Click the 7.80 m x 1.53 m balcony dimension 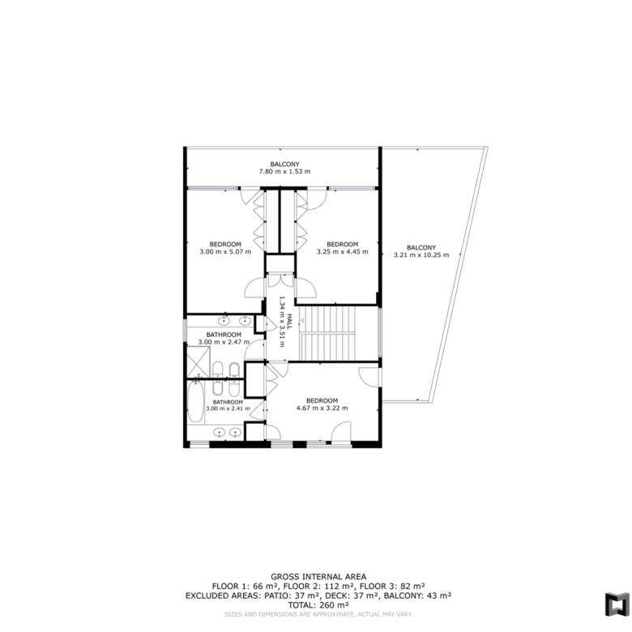click(x=284, y=171)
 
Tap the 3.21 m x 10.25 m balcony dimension click(x=421, y=254)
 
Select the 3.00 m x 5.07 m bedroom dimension click(x=225, y=251)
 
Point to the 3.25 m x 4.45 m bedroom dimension click(x=342, y=251)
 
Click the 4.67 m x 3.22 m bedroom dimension click(x=322, y=408)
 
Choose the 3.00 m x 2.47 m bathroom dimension click(x=224, y=342)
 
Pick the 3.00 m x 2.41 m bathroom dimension click(x=228, y=408)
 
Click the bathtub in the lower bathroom click(x=196, y=401)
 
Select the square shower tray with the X click(x=199, y=362)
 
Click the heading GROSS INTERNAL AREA click(x=318, y=577)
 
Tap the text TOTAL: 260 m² click(x=318, y=605)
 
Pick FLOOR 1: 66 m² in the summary click(x=245, y=586)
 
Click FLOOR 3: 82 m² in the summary click(x=392, y=586)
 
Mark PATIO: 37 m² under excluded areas click(x=288, y=596)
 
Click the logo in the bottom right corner click(x=617, y=604)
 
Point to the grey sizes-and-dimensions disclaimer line click(x=318, y=614)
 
